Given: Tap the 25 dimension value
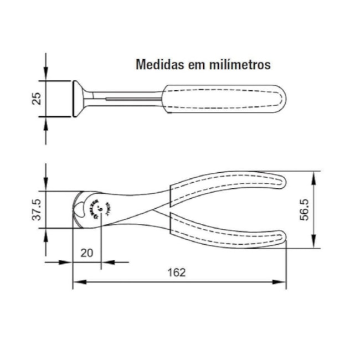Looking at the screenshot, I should pyautogui.click(x=36, y=99).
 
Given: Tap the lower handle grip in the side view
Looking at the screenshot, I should pyautogui.click(x=227, y=233).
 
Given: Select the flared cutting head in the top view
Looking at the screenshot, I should pyautogui.click(x=79, y=99).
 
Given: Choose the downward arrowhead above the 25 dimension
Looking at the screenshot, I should pyautogui.click(x=45, y=77).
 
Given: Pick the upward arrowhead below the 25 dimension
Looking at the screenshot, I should pyautogui.click(x=45, y=121).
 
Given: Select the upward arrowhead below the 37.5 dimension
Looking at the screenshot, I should pyautogui.click(x=45, y=232).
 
